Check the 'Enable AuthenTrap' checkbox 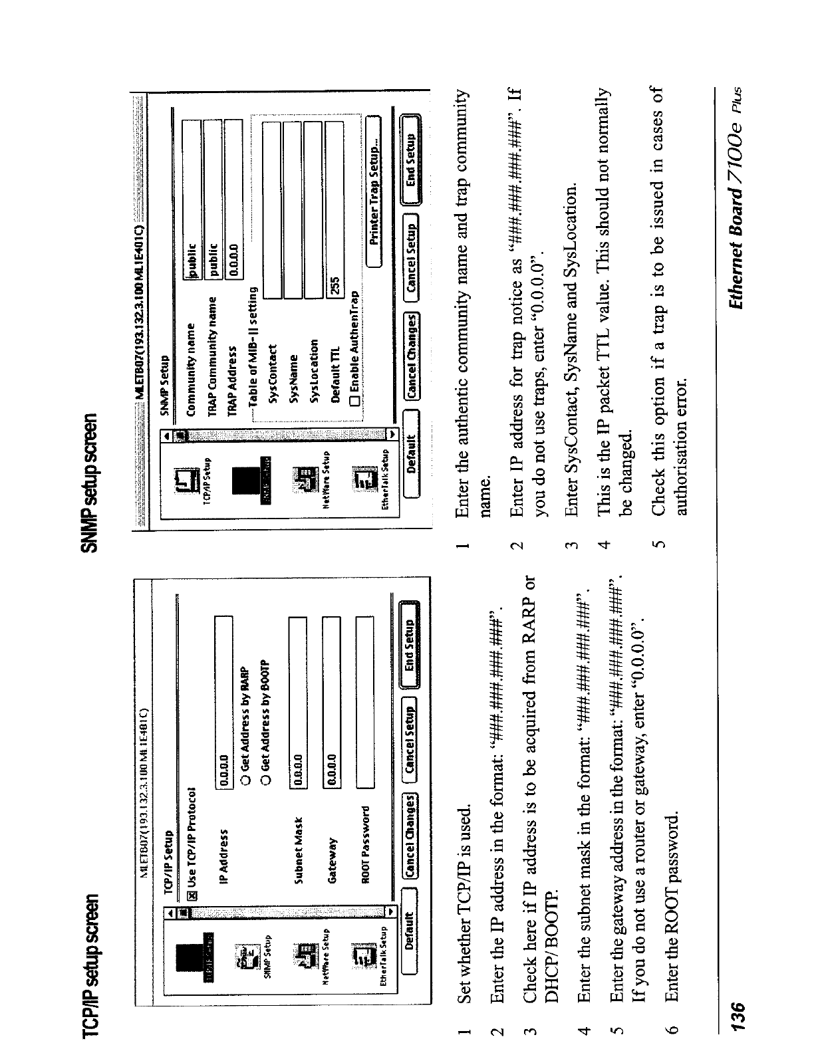pos(354,400)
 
